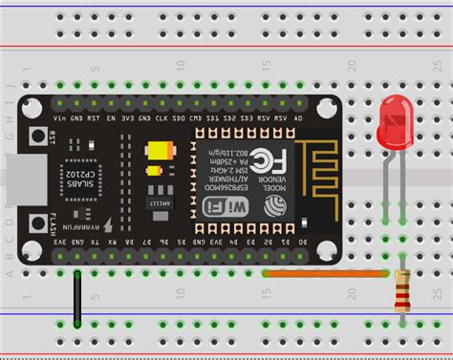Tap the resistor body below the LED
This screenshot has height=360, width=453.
click(x=402, y=290)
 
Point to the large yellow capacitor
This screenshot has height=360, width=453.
click(x=157, y=152)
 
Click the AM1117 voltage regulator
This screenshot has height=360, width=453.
click(x=155, y=201)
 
